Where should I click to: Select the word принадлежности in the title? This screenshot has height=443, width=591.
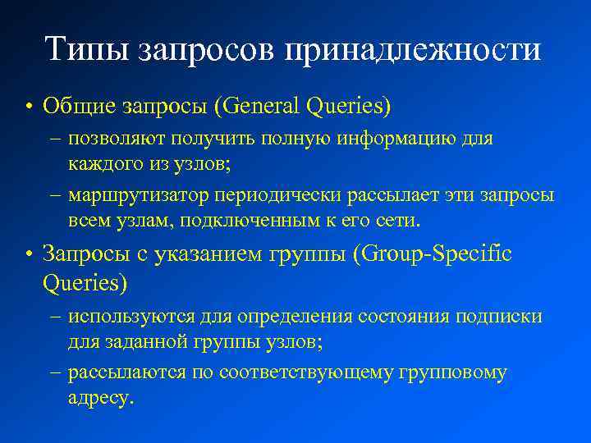point(413,51)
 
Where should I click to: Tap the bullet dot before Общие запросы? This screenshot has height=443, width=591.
point(29,107)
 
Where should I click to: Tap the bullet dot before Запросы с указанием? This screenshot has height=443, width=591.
point(29,255)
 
